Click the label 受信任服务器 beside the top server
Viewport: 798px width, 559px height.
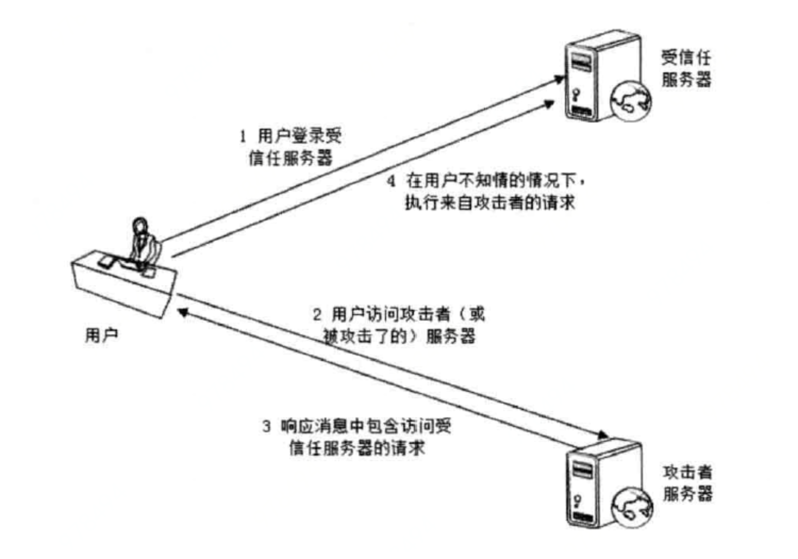pos(686,69)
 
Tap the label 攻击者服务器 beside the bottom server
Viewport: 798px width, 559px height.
pos(687,483)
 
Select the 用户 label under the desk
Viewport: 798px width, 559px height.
pos(101,335)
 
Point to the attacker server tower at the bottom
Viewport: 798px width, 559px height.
pos(591,482)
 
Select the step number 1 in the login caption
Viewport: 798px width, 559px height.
pos(243,136)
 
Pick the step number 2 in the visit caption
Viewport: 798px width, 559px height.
pos(317,315)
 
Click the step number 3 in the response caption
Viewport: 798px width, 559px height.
pos(267,426)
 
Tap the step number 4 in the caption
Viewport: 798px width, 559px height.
pos(391,181)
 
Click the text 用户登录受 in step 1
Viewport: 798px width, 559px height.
pos(300,136)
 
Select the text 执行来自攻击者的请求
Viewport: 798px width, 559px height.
pos(490,203)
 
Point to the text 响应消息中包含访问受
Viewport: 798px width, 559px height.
pos(366,426)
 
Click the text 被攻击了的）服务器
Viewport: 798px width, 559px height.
pos(399,336)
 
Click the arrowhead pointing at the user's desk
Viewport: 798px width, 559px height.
pos(182,313)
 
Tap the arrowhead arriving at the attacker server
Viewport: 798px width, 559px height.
pos(602,435)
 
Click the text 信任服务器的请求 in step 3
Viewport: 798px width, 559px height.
pos(357,448)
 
